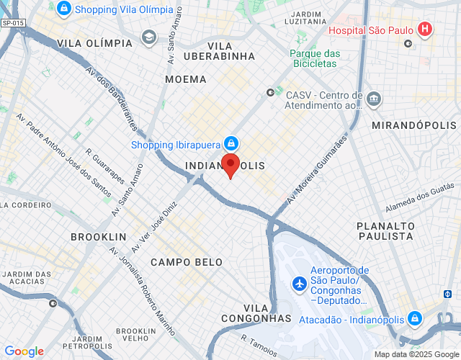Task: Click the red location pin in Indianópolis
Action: (x=230, y=165)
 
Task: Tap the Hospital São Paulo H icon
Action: (x=426, y=30)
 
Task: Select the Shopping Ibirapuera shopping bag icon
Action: (x=231, y=144)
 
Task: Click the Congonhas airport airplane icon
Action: (x=300, y=284)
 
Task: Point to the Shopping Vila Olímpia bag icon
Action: (x=64, y=9)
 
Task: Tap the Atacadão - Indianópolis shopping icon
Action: (x=414, y=318)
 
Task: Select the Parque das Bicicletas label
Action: (x=313, y=58)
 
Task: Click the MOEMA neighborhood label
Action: (x=186, y=79)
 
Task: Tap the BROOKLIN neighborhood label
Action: (x=99, y=236)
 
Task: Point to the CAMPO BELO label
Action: (x=187, y=262)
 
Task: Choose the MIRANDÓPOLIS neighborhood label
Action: (x=414, y=125)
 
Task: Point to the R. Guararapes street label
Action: (x=105, y=166)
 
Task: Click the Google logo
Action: (x=24, y=351)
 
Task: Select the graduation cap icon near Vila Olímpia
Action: (x=149, y=37)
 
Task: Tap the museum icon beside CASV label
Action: (x=374, y=99)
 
